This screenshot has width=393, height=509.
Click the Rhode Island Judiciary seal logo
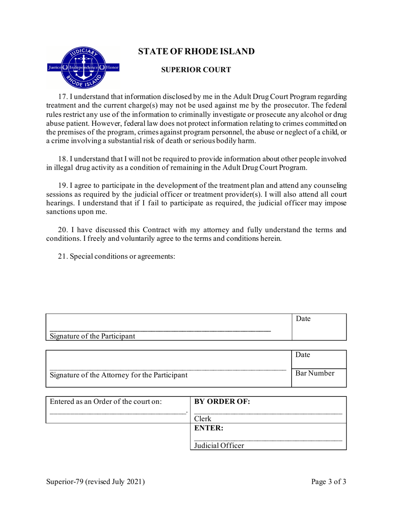84,67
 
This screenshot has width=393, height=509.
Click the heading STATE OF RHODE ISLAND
196,52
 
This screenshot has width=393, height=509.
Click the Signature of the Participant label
92,336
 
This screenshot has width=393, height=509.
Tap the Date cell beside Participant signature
319,327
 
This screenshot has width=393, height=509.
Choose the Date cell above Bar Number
319,358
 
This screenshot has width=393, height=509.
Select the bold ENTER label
209,429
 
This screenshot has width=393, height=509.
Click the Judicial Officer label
219,446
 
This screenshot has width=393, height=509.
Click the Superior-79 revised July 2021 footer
96,482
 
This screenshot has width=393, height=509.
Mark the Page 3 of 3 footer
328,482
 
